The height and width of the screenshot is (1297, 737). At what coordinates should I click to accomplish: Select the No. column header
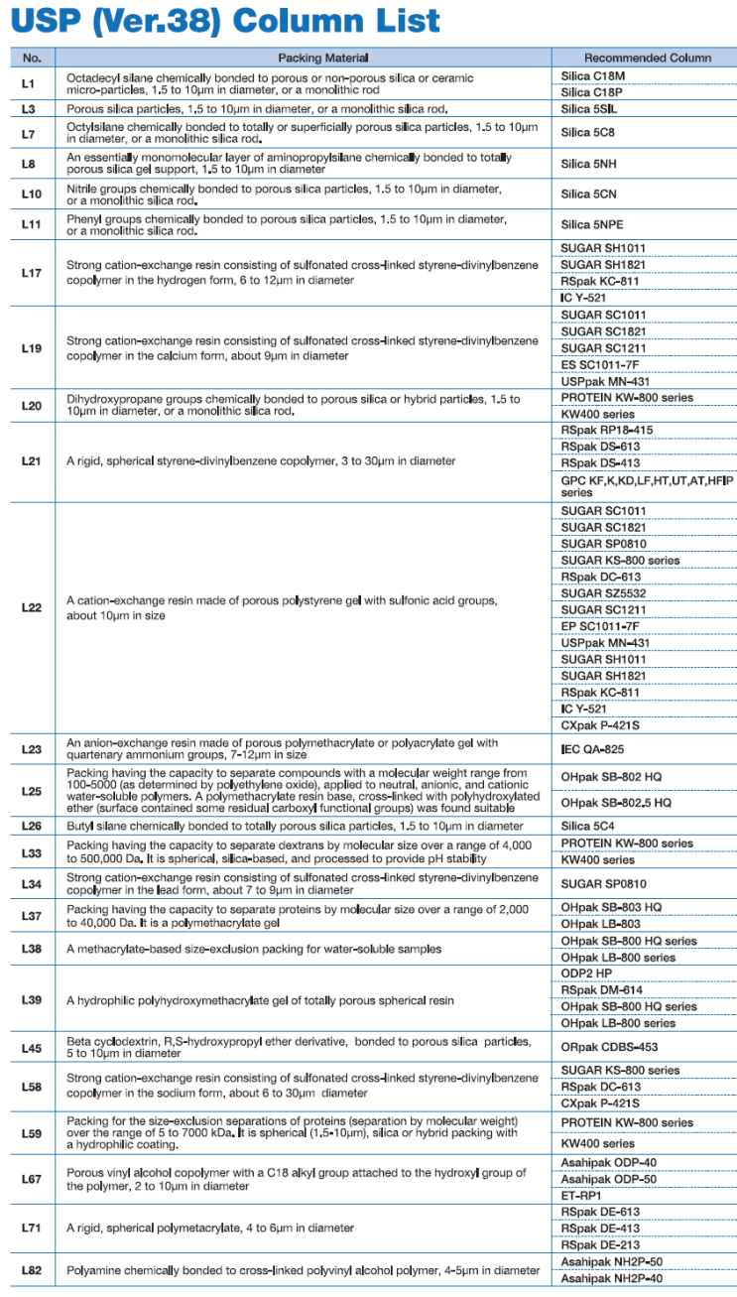(32, 59)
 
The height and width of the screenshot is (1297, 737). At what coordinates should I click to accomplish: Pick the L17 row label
(32, 273)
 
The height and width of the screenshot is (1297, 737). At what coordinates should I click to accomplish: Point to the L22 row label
(32, 607)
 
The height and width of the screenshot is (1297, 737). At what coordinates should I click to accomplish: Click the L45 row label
(32, 1047)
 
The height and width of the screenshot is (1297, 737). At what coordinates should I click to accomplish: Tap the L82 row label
(32, 1270)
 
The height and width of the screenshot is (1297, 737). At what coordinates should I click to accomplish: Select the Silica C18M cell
(593, 76)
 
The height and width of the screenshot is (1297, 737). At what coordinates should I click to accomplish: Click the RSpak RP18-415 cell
(607, 430)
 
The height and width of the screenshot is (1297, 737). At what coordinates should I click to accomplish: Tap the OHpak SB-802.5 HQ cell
(616, 802)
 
